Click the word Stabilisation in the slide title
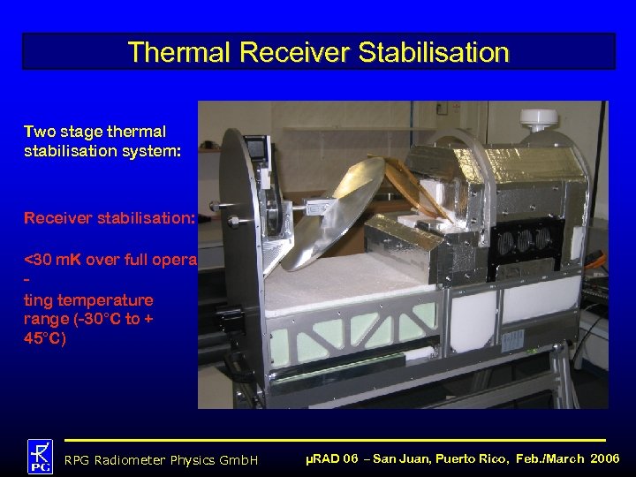click(434, 52)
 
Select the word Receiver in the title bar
click(297, 52)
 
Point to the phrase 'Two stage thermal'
click(95, 132)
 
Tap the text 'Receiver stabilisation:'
click(110, 217)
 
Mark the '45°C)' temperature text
click(44, 338)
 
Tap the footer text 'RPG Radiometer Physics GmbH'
click(162, 460)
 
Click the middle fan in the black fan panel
click(526, 239)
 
